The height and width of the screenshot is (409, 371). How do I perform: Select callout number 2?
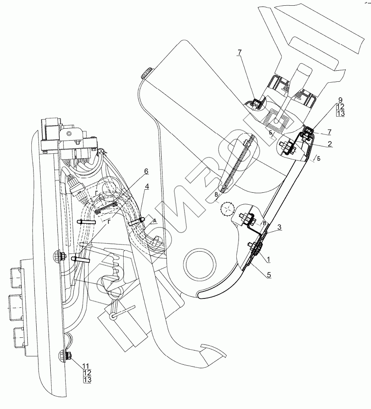tap(330, 144)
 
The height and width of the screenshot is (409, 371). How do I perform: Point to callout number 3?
tap(280, 227)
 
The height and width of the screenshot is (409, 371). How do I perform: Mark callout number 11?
tap(87, 365)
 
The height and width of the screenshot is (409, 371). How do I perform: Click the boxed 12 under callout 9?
tap(340, 107)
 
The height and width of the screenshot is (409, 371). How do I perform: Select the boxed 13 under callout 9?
tap(340, 114)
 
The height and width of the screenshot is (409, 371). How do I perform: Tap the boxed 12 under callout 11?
tap(87, 372)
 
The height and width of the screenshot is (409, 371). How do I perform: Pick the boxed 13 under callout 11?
tap(87, 379)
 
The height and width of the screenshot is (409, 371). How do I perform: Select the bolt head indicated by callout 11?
tap(69, 355)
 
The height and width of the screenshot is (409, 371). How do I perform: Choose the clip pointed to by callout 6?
tap(105, 207)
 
